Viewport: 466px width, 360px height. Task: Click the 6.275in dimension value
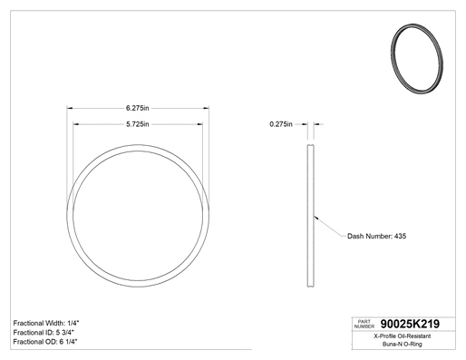click(x=138, y=108)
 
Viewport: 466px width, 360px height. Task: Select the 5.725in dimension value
click(x=138, y=124)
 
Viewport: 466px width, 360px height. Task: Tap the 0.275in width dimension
click(x=281, y=124)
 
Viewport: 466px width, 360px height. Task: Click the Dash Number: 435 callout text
click(x=376, y=236)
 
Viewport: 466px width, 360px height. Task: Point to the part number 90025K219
click(x=410, y=324)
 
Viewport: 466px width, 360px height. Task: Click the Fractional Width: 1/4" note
click(x=46, y=323)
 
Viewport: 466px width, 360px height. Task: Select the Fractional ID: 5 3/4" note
click(x=44, y=333)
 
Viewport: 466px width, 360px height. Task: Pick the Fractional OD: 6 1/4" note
click(x=45, y=342)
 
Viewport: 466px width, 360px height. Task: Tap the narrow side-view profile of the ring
click(x=311, y=216)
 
